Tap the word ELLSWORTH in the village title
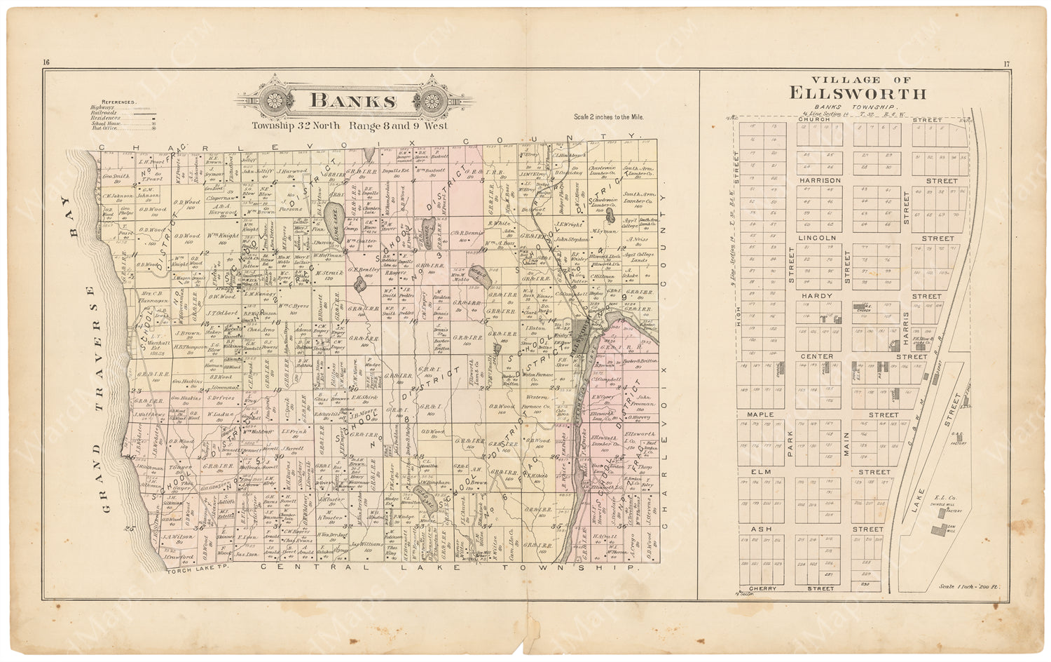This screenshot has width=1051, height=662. (858, 93)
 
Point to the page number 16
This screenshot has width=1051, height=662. (46, 64)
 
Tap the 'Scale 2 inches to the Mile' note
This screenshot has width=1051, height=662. (608, 117)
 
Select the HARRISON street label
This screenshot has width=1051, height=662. (819, 181)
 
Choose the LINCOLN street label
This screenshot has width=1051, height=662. (817, 238)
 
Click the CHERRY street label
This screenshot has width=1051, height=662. (763, 588)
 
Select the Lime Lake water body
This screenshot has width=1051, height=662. (336, 223)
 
